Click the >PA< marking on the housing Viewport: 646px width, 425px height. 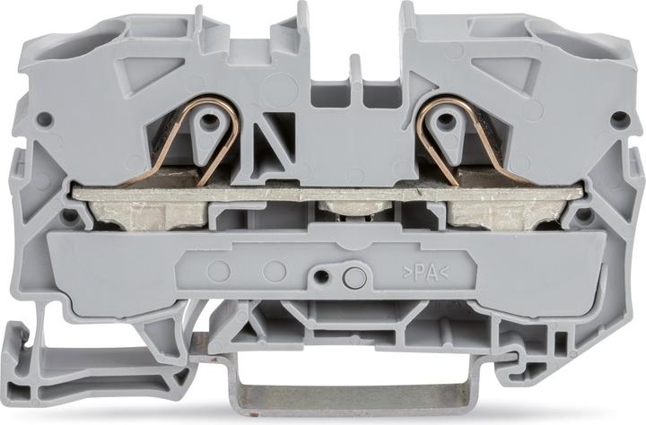pyautogui.click(x=425, y=273)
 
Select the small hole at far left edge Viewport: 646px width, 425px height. pyautogui.click(x=44, y=119)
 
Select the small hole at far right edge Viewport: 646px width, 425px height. pyautogui.click(x=617, y=119)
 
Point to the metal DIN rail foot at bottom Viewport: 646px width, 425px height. pyautogui.click(x=350, y=394)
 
